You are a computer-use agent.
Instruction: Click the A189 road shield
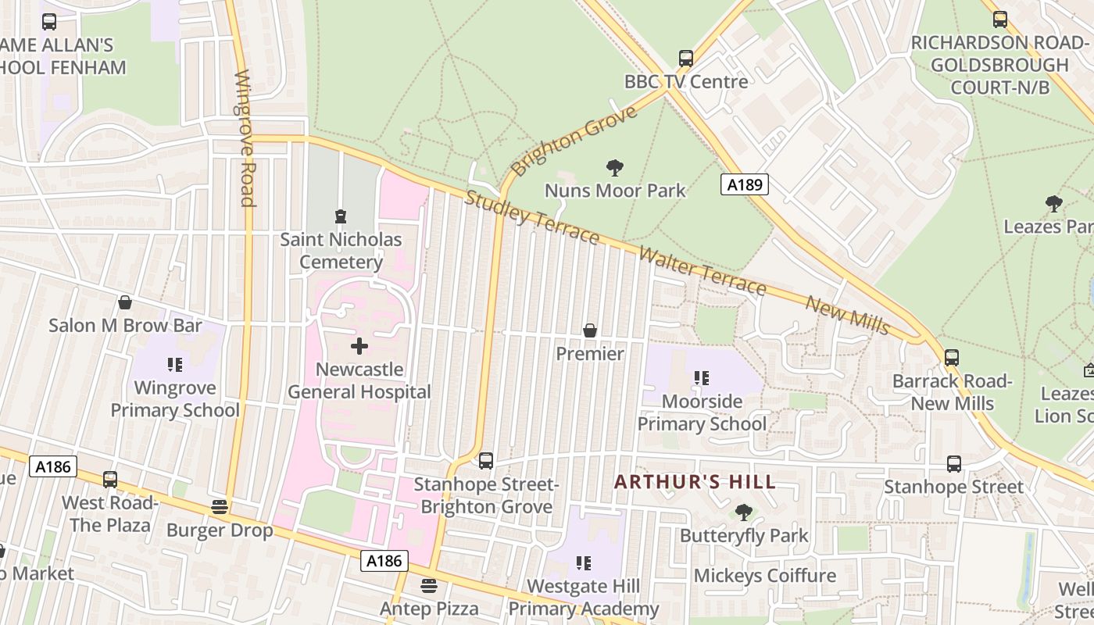click(x=744, y=184)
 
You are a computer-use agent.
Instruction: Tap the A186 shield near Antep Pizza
click(x=384, y=560)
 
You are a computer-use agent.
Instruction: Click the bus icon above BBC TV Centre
click(x=685, y=59)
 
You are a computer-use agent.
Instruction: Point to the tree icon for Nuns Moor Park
click(x=615, y=167)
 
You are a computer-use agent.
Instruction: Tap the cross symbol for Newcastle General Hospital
click(x=359, y=346)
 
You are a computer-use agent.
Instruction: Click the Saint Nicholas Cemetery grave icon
click(x=340, y=216)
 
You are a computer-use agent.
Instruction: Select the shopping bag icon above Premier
click(x=590, y=330)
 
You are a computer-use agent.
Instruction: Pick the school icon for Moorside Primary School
click(x=701, y=379)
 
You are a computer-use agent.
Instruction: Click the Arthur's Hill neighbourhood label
click(x=695, y=481)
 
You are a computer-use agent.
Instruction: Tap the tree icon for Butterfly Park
click(x=743, y=512)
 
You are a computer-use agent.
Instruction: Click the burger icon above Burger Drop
click(x=220, y=507)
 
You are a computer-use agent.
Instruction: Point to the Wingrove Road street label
click(x=245, y=139)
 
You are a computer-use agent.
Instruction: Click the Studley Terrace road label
click(x=531, y=216)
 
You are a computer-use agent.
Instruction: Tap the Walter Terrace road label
click(x=702, y=270)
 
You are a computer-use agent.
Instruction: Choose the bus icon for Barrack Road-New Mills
click(x=951, y=358)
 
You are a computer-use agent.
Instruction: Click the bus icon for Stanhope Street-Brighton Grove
click(x=486, y=461)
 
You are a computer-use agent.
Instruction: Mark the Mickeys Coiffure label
click(x=765, y=576)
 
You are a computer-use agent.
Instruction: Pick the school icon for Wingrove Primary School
click(x=174, y=364)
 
